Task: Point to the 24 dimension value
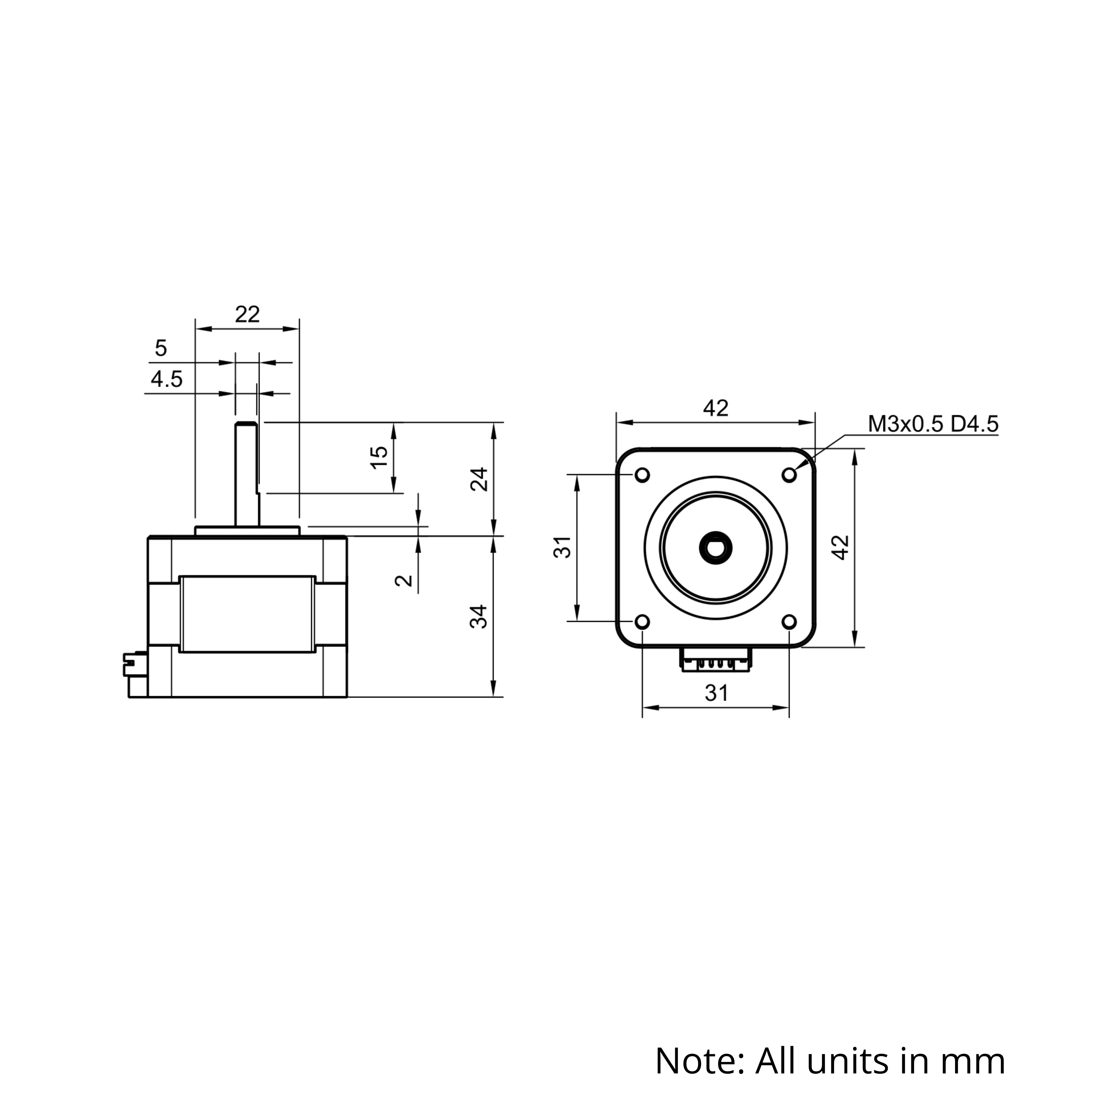click(479, 479)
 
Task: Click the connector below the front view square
click(716, 659)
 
